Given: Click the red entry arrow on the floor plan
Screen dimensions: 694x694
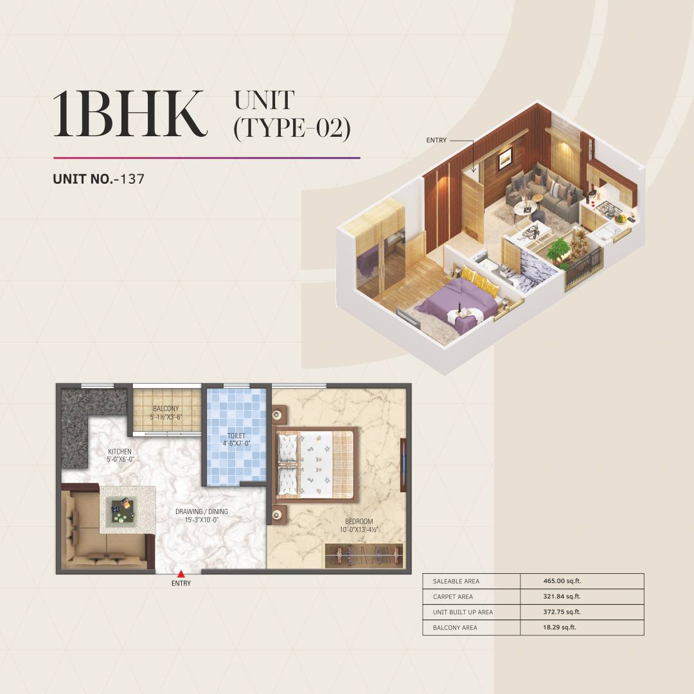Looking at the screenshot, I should click(x=181, y=574).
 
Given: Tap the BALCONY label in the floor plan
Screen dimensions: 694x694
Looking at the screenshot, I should click(x=166, y=409).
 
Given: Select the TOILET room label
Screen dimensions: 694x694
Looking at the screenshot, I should click(x=236, y=436).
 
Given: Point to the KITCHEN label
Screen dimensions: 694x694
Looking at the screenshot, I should click(x=120, y=452).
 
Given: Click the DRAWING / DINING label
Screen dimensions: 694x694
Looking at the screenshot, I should click(x=201, y=512).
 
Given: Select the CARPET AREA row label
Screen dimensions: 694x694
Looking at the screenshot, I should click(x=454, y=597).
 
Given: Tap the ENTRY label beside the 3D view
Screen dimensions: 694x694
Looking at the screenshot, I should click(x=436, y=139).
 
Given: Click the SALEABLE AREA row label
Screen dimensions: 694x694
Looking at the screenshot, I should click(x=456, y=582).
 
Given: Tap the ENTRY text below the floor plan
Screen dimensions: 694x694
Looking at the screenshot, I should click(x=181, y=583).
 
